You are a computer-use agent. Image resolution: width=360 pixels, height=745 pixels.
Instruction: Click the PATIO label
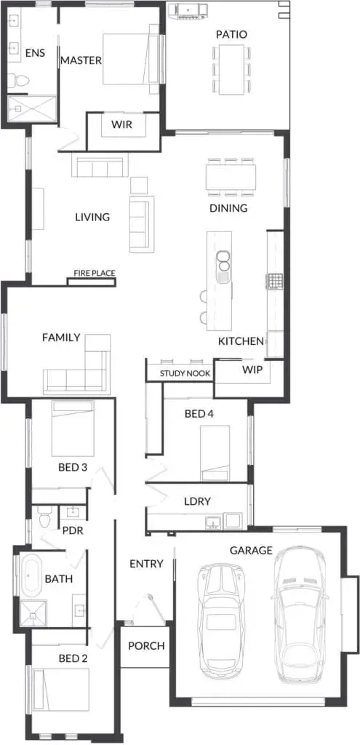231,35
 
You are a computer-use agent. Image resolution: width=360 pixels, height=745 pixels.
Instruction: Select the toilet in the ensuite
18,80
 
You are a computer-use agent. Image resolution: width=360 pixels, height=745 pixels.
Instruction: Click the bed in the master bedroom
131,59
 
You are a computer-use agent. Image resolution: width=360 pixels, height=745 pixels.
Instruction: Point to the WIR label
122,125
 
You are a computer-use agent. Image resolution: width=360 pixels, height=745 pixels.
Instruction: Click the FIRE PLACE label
94,274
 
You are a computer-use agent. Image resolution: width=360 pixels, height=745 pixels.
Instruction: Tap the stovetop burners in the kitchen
274,282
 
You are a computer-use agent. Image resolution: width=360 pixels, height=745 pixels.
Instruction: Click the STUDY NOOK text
185,373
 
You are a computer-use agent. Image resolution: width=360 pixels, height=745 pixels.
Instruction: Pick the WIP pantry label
252,369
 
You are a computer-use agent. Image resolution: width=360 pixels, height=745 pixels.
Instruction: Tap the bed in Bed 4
215,453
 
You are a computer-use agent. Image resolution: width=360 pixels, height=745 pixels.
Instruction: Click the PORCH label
146,646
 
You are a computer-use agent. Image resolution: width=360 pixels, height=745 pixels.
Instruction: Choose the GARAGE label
251,550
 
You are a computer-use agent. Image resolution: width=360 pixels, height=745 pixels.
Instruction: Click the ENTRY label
146,564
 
